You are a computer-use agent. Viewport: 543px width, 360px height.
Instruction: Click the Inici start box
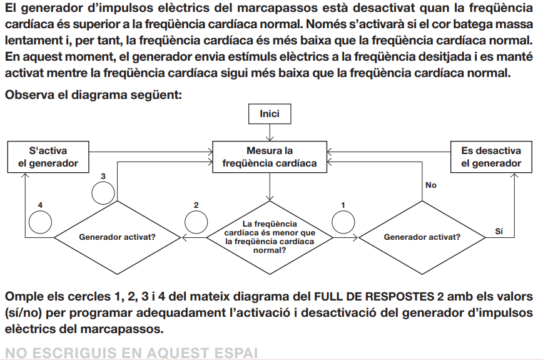270,114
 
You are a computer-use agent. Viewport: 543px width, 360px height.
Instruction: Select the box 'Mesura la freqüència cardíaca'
270,157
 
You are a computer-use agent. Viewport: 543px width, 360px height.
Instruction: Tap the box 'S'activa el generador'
48,157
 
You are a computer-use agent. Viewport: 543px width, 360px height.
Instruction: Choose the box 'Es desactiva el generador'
491,157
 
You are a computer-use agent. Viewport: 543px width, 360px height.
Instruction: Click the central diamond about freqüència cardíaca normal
270,237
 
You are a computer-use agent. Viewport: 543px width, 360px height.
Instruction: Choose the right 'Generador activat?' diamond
422,237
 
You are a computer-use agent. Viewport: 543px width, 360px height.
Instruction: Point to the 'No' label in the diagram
431,185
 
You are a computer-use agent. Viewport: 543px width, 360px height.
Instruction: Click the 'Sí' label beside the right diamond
499,231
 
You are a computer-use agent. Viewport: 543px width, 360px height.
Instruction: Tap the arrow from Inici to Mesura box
270,133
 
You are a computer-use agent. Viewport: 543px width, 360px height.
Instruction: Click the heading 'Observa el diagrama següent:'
93,96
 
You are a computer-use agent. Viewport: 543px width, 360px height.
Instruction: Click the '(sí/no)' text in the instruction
23,312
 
